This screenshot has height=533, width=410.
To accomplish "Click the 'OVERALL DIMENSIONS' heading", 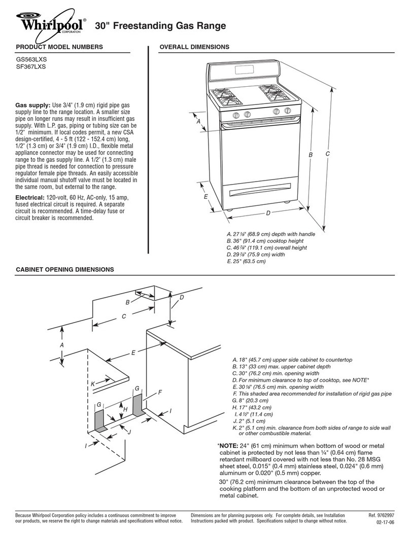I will [x=194, y=47].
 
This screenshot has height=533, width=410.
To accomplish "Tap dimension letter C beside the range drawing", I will [x=328, y=154].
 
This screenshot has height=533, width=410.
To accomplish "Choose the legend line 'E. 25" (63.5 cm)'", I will [x=247, y=261].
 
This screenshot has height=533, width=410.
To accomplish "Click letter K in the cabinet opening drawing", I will [x=93, y=385].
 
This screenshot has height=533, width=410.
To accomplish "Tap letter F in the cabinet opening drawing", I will [x=160, y=393].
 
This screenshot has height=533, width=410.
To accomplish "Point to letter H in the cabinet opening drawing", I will [x=125, y=409].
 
